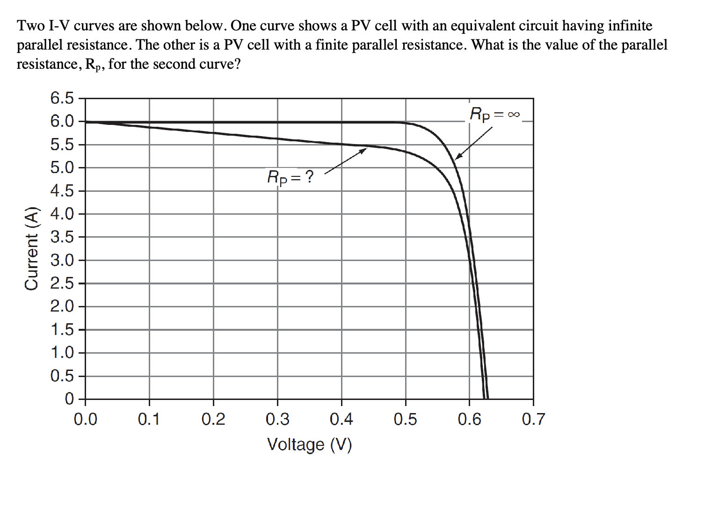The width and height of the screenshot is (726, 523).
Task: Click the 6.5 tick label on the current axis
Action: [62, 99]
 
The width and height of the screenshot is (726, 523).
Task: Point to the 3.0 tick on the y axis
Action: [62, 261]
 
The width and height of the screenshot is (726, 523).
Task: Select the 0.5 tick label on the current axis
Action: [62, 376]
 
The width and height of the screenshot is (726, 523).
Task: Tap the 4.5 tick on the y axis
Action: [62, 191]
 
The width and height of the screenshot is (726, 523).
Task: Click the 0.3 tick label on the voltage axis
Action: [277, 420]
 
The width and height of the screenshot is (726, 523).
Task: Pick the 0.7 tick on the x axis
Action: [533, 420]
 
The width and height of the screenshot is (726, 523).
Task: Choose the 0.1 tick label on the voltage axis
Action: [149, 420]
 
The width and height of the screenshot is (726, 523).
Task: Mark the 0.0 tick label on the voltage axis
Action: [86, 420]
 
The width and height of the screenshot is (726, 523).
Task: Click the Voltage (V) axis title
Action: [309, 444]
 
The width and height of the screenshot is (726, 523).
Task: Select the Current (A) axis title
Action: [32, 248]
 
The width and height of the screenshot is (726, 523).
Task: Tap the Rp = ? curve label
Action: [290, 178]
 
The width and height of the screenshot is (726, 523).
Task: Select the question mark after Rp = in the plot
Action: [309, 177]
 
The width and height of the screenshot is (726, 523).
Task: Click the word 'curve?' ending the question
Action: [219, 64]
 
